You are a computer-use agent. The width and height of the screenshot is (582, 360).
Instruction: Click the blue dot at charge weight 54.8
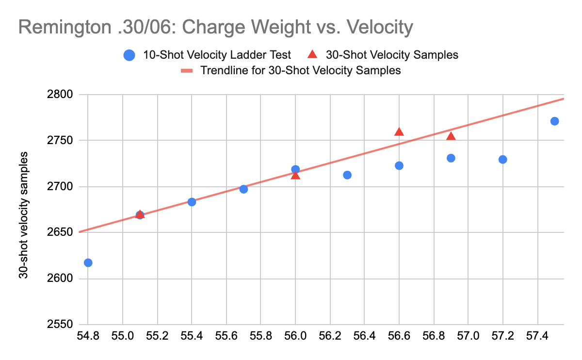point(88,262)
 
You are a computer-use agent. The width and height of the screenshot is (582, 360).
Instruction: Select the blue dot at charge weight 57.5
point(555,121)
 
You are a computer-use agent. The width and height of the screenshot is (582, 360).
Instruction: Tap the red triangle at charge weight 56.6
point(399,132)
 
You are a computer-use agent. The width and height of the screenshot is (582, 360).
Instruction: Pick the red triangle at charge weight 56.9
point(451,136)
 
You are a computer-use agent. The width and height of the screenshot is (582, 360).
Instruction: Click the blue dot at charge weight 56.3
point(347,175)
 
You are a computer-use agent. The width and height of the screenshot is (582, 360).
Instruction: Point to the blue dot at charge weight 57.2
point(503,159)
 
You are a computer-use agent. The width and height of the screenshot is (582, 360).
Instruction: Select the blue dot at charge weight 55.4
point(192,202)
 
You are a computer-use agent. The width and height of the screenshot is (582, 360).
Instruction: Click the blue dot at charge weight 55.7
point(243,189)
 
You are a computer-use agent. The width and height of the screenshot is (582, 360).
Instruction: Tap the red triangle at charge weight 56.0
point(295,175)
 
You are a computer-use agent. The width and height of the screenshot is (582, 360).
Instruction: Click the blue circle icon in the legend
point(129,55)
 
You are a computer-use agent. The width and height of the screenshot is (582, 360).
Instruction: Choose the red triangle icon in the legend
point(313,55)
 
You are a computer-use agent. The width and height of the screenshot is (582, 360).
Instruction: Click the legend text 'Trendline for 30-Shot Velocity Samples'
point(300,70)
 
